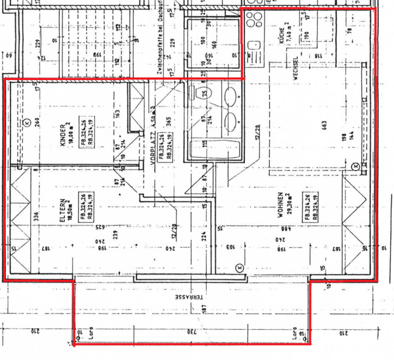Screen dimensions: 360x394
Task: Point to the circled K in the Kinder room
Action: click(x=27, y=122)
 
